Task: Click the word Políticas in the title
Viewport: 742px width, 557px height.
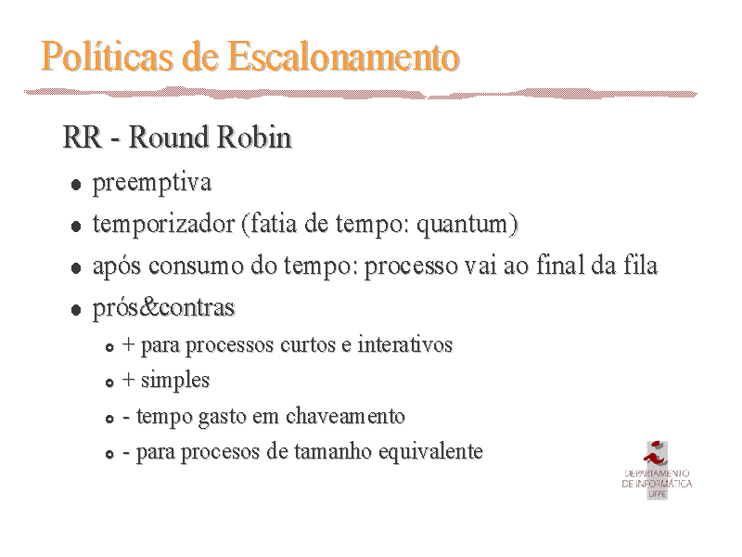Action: pos(107,57)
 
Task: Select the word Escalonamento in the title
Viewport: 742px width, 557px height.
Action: pos(343,57)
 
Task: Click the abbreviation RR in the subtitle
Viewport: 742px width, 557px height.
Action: pos(83,137)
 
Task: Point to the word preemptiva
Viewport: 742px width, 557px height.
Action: pos(152,183)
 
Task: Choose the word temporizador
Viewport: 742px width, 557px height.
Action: pos(164,224)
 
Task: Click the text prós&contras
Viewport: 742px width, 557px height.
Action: pos(164,308)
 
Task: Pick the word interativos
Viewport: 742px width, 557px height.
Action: pos(405,343)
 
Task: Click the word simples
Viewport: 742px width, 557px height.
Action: pos(175,381)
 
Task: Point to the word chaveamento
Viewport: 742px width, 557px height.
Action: pos(345,416)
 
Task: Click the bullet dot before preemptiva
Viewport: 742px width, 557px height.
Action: pos(76,184)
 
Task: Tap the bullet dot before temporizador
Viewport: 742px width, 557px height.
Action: pos(76,226)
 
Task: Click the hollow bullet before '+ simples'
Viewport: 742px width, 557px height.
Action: pos(109,382)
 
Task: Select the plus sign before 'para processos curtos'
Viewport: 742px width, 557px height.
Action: pos(128,344)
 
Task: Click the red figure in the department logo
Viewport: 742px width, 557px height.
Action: pos(656,454)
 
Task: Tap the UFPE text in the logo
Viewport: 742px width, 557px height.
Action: pos(658,494)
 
